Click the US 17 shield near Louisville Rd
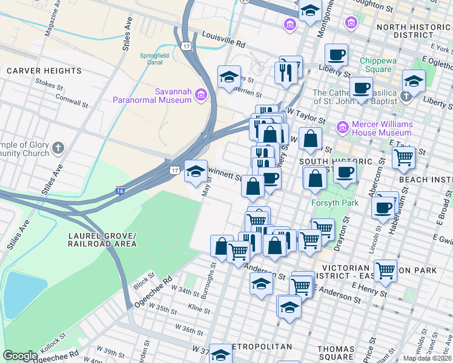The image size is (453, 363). tap(185, 45)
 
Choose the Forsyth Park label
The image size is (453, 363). tap(331, 203)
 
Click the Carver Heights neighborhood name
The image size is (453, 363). tap(44, 71)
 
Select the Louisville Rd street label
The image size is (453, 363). tap(223, 41)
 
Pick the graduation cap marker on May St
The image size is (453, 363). tap(196, 171)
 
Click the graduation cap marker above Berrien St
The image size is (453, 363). tap(229, 76)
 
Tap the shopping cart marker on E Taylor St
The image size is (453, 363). tap(403, 158)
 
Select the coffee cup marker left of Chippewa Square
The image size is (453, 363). tap(337, 55)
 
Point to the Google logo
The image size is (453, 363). tap(20, 356)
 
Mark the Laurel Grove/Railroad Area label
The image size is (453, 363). tap(103, 240)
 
